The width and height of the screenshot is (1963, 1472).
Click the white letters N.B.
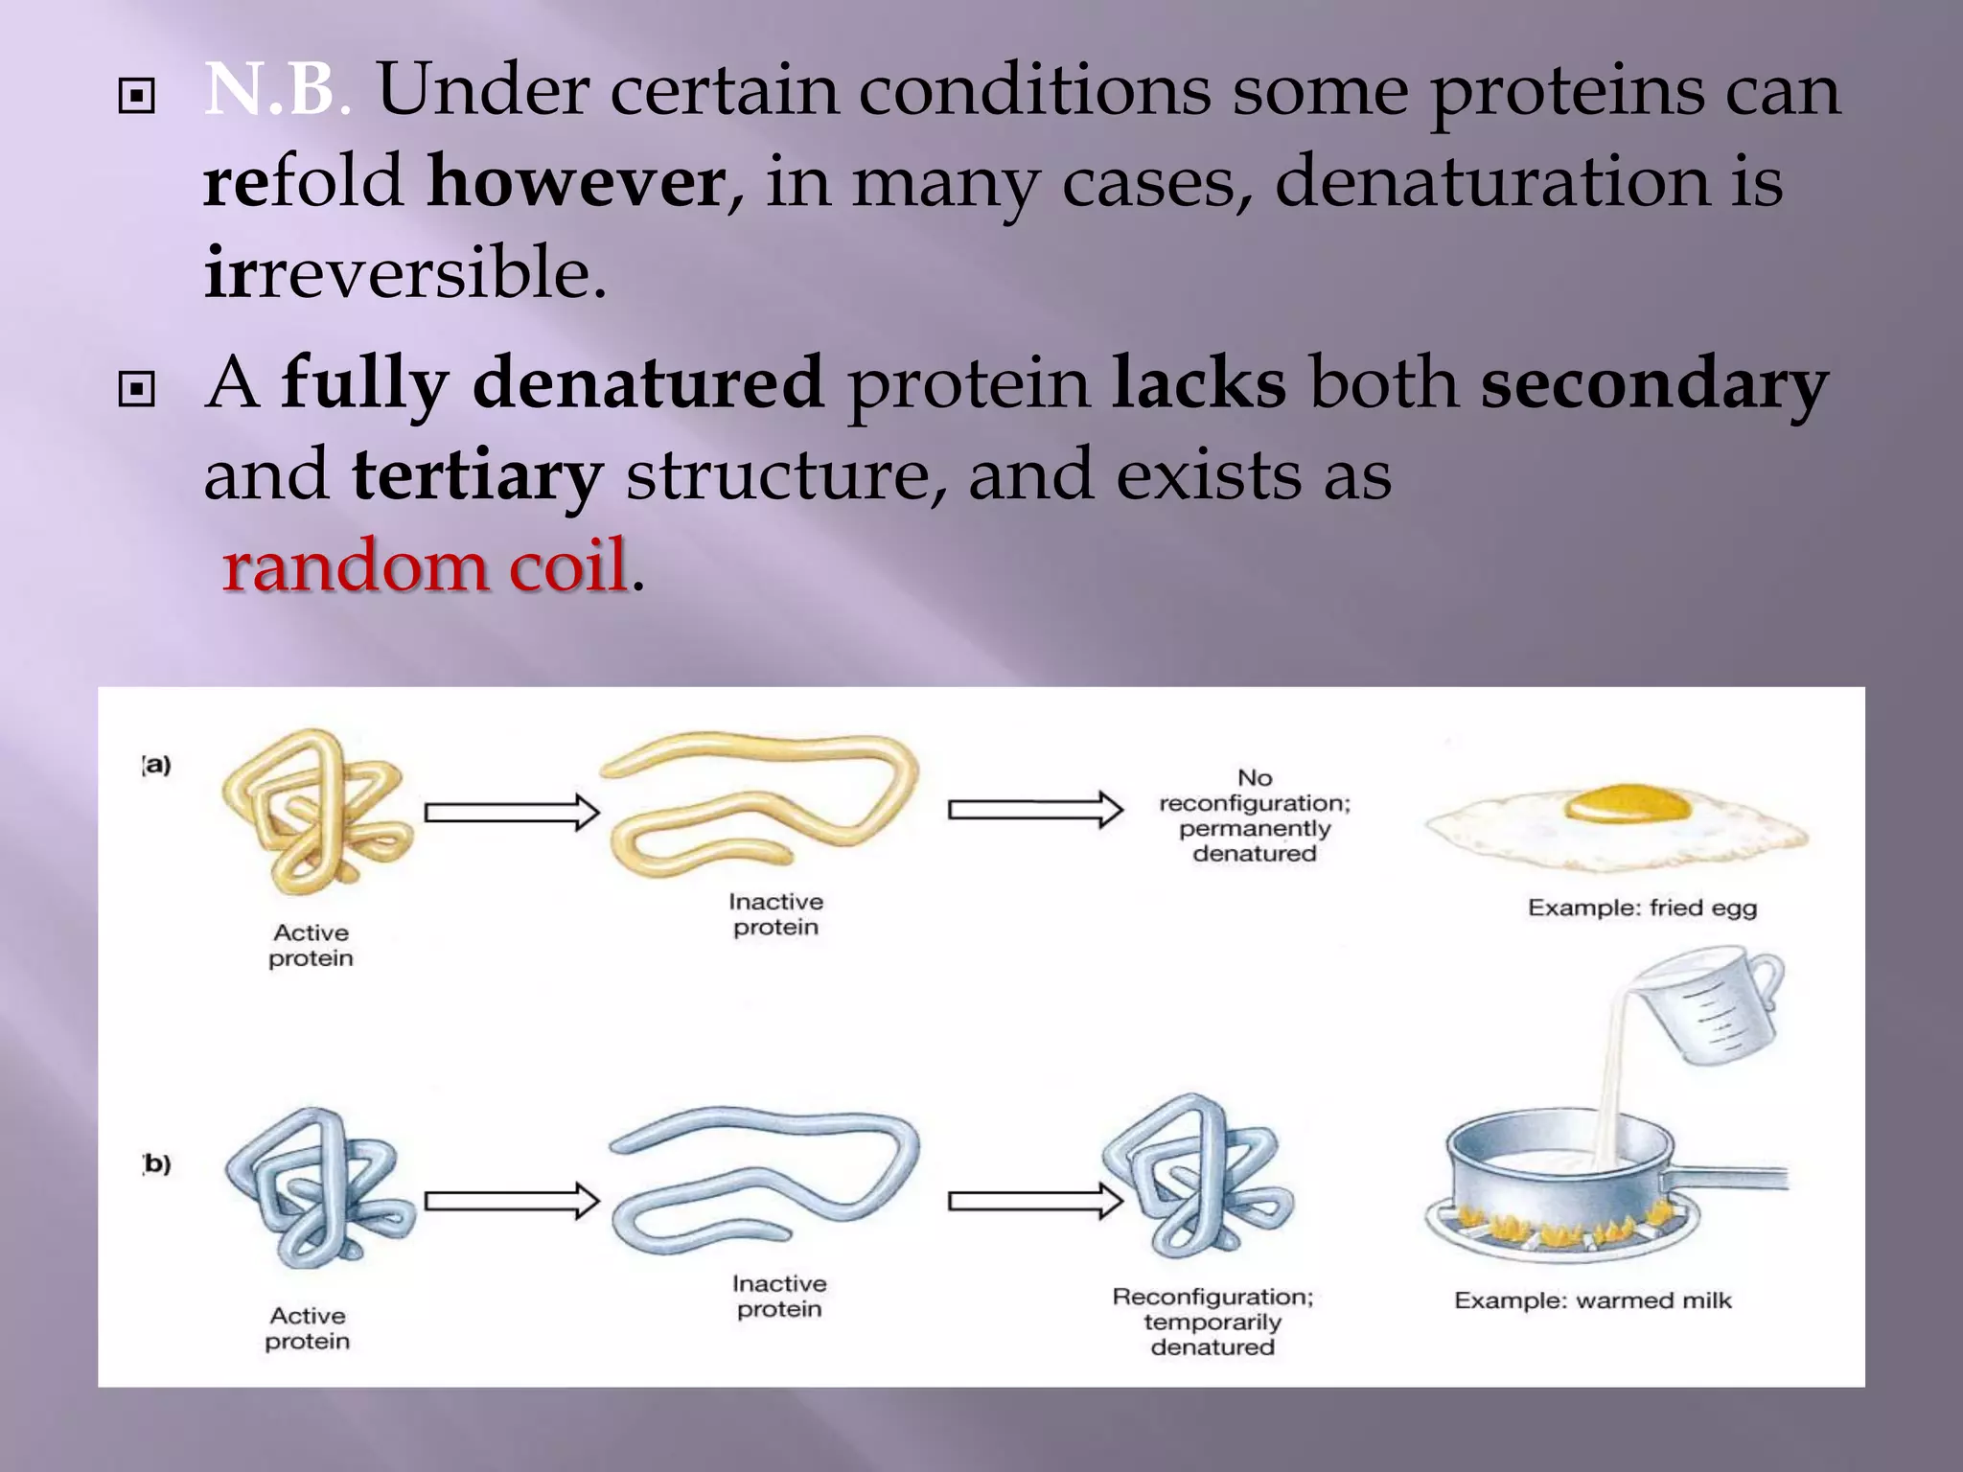(x=271, y=90)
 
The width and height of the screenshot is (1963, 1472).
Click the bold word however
(x=576, y=181)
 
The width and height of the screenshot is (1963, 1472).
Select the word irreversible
(x=405, y=272)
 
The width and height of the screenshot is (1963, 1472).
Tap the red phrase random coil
(x=425, y=565)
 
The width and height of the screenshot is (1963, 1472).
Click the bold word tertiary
(x=476, y=474)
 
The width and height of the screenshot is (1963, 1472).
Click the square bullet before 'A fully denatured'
(x=136, y=390)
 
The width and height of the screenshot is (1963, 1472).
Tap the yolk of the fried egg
(x=1627, y=803)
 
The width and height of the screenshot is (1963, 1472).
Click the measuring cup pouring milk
(x=1716, y=1006)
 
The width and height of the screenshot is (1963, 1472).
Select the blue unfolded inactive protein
(x=762, y=1179)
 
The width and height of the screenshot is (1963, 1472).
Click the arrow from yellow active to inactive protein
(x=512, y=813)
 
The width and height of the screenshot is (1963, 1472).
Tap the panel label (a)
(x=156, y=765)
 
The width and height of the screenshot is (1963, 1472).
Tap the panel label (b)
(x=156, y=1163)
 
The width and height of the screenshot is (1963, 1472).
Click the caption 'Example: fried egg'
(x=1642, y=908)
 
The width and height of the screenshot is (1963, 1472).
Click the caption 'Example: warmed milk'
(x=1592, y=1300)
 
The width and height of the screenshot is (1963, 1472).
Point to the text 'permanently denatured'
(x=1254, y=840)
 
